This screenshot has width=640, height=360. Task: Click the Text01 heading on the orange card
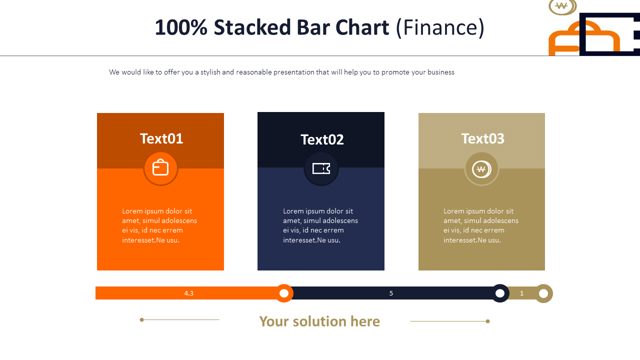[161, 139]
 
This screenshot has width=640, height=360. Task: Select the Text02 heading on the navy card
[322, 139]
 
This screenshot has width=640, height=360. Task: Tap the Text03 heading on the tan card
[483, 139]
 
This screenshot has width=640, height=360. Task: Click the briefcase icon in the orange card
[160, 167]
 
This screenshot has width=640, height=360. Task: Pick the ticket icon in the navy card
[321, 168]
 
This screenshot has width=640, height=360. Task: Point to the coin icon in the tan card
[481, 169]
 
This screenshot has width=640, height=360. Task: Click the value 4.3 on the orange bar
[189, 293]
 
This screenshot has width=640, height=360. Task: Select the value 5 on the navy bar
[391, 293]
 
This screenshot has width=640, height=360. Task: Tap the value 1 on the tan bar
[521, 293]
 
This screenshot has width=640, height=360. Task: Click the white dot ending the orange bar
[284, 293]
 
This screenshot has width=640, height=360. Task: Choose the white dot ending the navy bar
[500, 293]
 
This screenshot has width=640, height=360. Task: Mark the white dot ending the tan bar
[543, 293]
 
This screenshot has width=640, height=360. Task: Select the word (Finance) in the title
[440, 27]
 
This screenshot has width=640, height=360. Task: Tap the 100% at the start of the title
[181, 27]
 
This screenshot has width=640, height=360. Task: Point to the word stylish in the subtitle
[210, 72]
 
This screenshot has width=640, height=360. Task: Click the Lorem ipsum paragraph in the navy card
[320, 225]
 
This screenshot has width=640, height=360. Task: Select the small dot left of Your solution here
[141, 319]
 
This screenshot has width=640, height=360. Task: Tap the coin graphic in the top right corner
[562, 7]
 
